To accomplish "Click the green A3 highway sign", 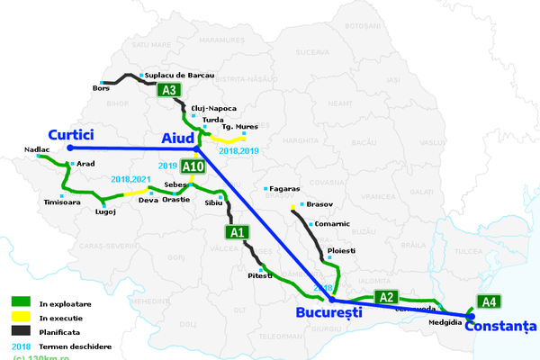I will (x=168, y=90).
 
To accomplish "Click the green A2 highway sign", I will (x=386, y=297).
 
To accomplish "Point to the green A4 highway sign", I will (x=488, y=301).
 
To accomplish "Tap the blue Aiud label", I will (x=176, y=138).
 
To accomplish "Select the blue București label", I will (x=328, y=313).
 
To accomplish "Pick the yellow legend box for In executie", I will (x=20, y=317).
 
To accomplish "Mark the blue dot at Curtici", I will (x=69, y=148).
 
